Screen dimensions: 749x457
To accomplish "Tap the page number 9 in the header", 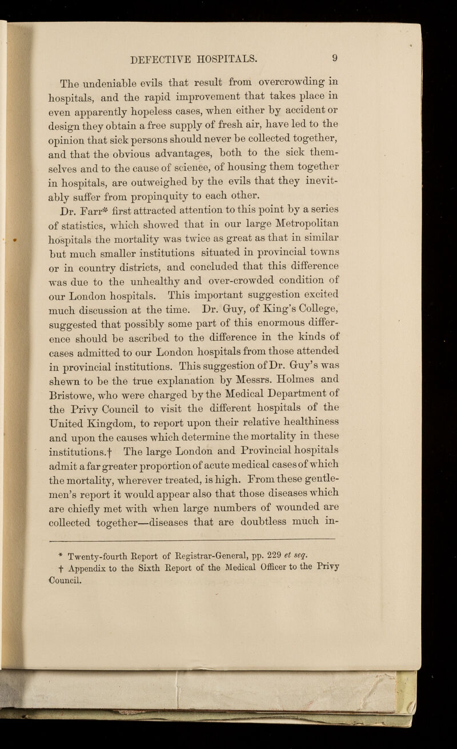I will click(x=323, y=57).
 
